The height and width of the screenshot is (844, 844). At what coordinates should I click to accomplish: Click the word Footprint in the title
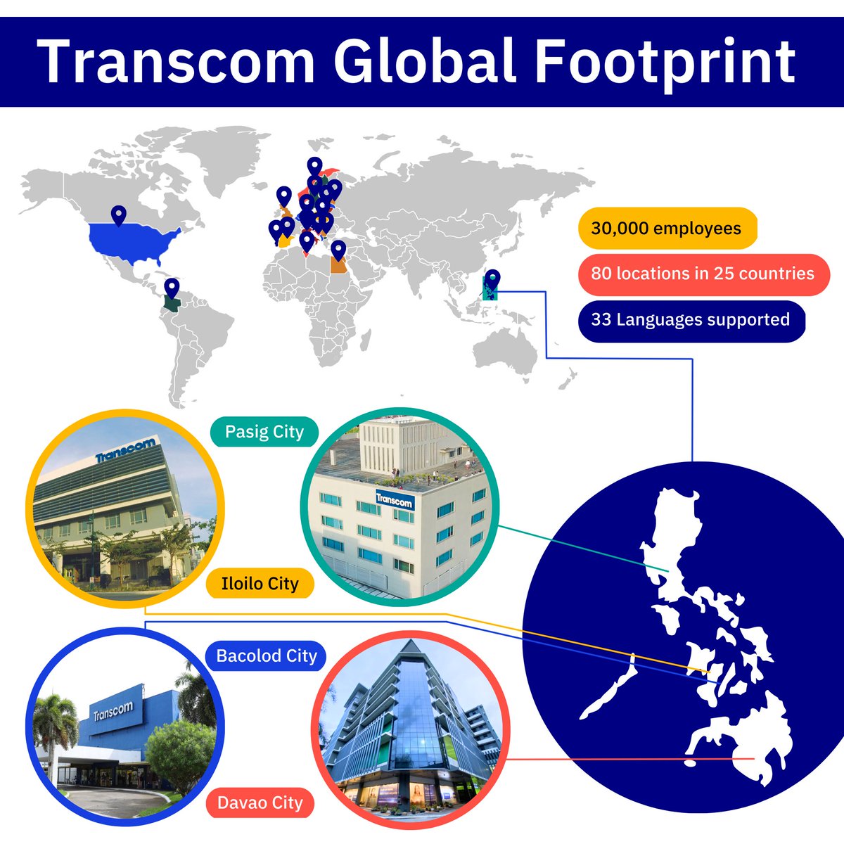[x=665, y=62]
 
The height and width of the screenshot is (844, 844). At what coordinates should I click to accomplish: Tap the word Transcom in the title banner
[x=176, y=62]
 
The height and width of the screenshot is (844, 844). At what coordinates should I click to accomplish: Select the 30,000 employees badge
[x=666, y=229]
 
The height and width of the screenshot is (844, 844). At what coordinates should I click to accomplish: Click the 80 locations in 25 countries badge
[x=703, y=274]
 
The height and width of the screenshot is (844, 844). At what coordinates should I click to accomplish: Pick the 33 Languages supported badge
[x=690, y=320]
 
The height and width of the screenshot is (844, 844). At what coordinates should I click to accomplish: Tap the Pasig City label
[x=264, y=432]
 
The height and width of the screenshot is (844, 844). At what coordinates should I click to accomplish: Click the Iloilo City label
[x=260, y=583]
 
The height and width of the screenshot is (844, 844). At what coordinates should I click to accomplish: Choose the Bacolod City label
[x=267, y=656]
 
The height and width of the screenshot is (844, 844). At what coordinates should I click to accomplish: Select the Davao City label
[x=260, y=803]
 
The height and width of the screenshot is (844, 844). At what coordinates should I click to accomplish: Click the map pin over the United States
[x=119, y=215]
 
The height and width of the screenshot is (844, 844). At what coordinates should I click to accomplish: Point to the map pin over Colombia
[x=172, y=288]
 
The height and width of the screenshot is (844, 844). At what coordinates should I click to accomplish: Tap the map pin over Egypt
[x=338, y=250]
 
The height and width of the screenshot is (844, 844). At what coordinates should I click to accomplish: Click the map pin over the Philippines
[x=493, y=280]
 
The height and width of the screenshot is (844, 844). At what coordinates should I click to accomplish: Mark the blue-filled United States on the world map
[x=134, y=239]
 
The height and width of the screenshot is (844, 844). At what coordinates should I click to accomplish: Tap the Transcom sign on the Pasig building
[x=395, y=499]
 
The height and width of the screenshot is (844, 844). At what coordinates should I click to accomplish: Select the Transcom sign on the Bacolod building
[x=113, y=712]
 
